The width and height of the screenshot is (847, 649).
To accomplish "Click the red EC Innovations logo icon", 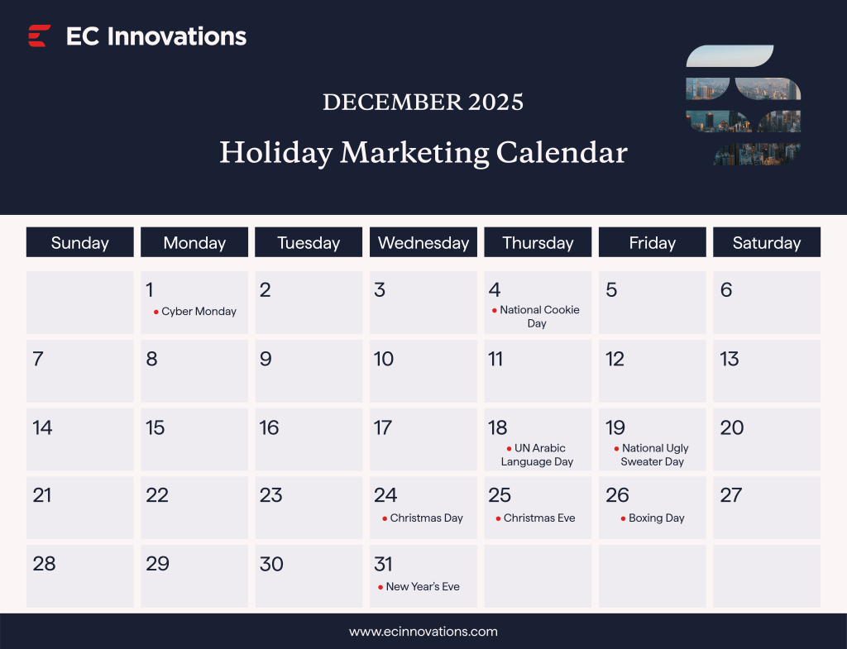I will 39,36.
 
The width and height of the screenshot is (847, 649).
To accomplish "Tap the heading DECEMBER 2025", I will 423,102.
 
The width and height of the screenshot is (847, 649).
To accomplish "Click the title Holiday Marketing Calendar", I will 423,153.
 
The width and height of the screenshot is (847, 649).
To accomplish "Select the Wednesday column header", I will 423,242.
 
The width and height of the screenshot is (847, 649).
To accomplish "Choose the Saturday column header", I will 767,242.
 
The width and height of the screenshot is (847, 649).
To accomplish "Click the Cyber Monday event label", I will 199,312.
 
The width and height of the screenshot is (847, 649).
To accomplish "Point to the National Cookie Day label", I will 539,317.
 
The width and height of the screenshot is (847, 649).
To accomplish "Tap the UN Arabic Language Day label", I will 538,455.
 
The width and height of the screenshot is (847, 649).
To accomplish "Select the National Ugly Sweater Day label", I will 653,455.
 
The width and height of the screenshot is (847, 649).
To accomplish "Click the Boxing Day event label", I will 656,518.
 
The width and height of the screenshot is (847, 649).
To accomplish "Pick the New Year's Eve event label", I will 422,587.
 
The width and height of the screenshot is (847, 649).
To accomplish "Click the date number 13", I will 729,359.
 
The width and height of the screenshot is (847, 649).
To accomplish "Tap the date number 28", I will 44,564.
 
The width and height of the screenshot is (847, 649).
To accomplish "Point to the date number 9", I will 266,359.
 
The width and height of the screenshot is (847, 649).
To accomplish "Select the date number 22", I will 157,495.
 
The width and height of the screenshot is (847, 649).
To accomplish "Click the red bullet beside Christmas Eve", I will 498,519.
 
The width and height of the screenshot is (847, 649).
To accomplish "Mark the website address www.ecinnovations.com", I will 423,632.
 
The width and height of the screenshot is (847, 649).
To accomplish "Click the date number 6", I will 726,290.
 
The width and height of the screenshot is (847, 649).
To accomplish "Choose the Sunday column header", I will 79,242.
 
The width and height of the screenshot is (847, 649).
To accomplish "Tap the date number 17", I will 382,427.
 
